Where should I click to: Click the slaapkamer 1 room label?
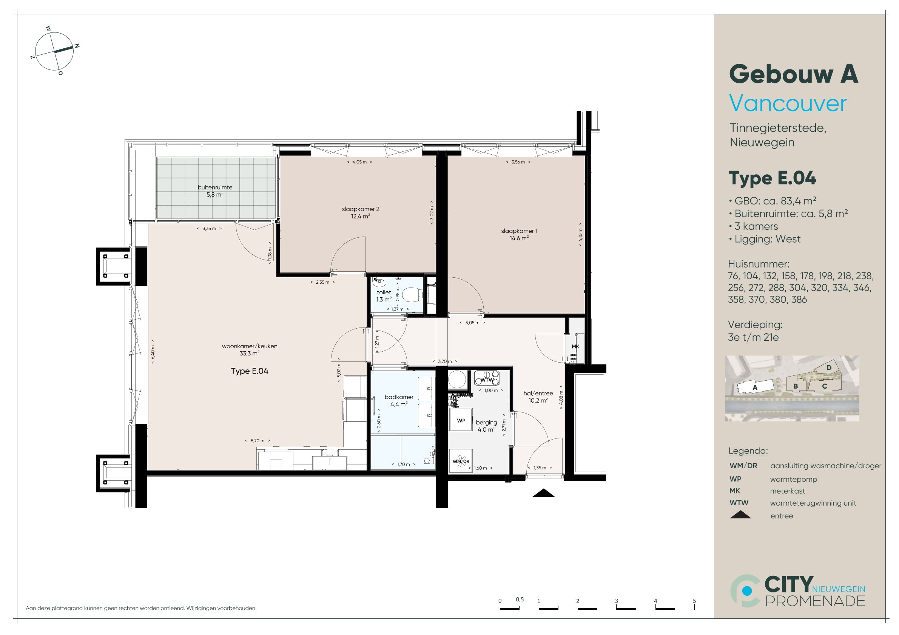click(519, 234)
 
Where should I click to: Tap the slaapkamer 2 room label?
click(361, 212)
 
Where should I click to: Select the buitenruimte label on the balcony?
click(215, 191)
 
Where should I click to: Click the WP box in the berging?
click(461, 421)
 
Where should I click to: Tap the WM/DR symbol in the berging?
click(461, 461)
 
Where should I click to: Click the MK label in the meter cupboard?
click(575, 347)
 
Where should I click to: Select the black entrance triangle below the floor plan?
click(543, 493)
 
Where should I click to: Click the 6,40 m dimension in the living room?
click(153, 351)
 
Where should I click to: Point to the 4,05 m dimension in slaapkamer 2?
click(359, 162)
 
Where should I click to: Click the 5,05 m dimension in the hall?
click(472, 323)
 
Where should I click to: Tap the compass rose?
click(54, 51)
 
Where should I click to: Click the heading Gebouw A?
click(793, 74)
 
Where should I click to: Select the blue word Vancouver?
click(787, 104)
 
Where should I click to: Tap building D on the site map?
click(829, 368)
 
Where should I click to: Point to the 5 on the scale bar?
click(694, 601)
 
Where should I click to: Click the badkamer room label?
click(399, 401)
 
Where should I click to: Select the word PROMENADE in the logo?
click(815, 601)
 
